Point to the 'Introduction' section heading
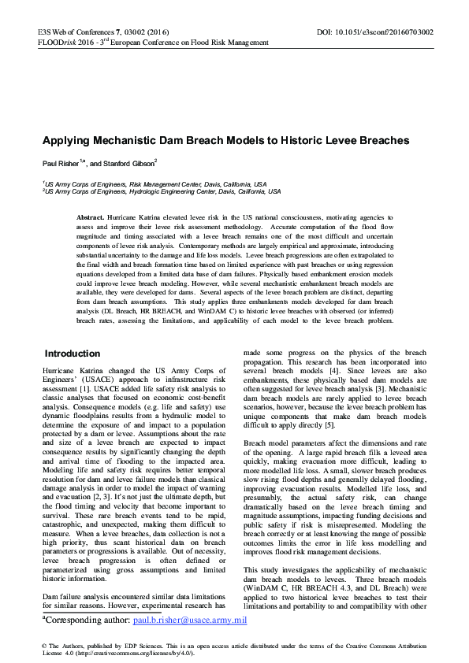click(x=72, y=354)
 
